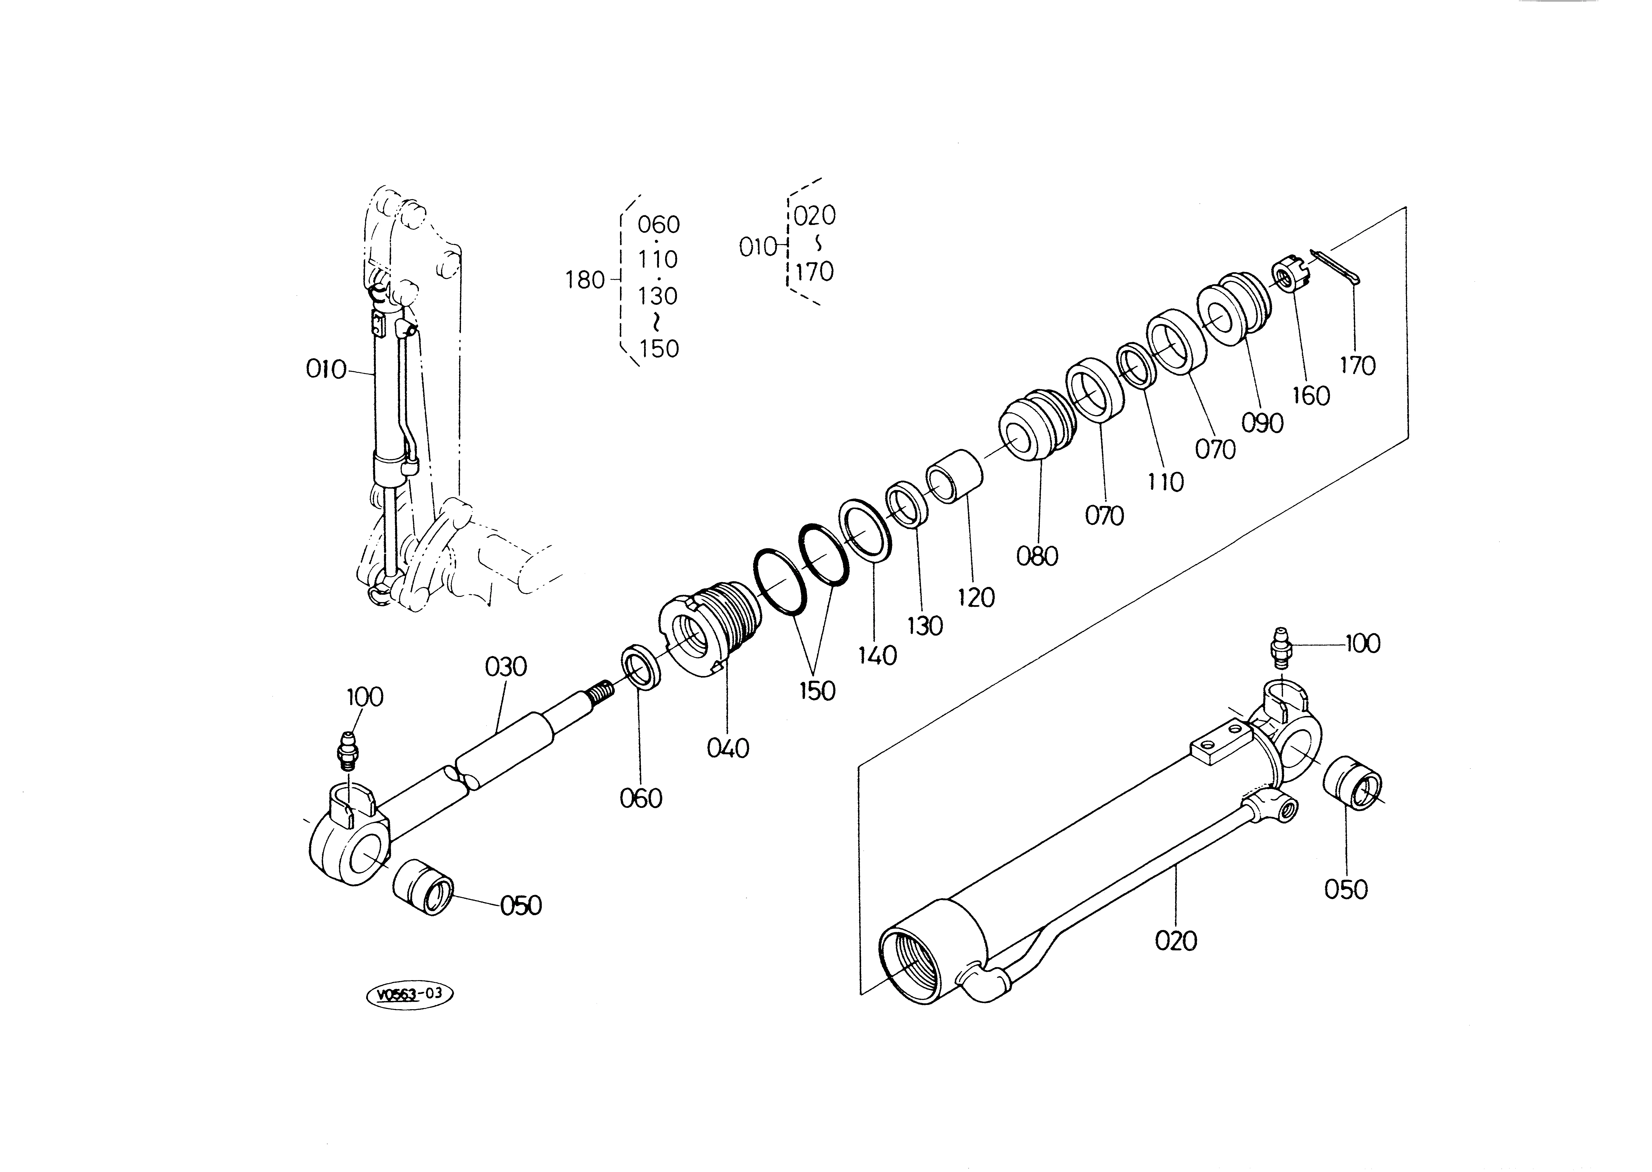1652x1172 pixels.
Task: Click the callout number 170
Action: [1357, 366]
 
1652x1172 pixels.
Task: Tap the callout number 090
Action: [1262, 423]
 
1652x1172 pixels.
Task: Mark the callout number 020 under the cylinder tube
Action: [1176, 941]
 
